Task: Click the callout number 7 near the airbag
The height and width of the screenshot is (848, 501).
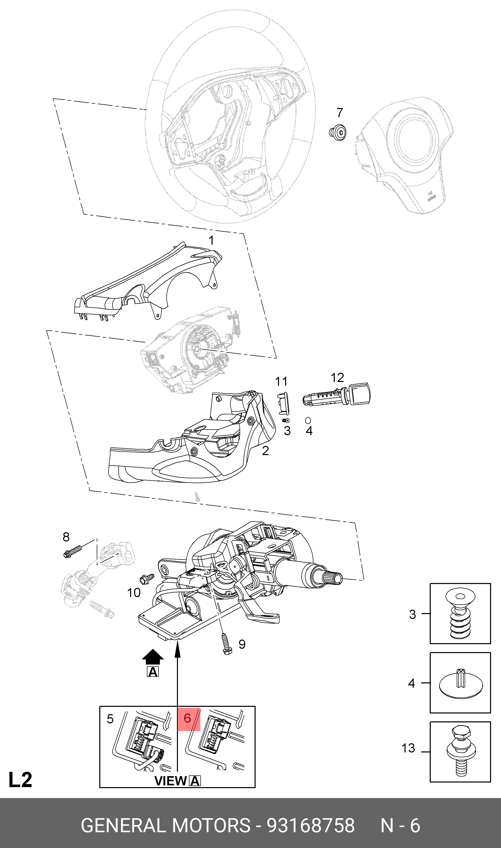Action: (x=340, y=113)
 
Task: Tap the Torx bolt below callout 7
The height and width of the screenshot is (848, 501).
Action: (x=338, y=131)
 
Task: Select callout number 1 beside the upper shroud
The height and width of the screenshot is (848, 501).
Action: (x=211, y=240)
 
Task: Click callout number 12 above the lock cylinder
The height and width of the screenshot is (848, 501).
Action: (x=337, y=377)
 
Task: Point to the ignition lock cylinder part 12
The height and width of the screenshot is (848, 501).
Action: (x=336, y=395)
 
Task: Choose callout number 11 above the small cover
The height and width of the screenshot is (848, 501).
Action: (x=281, y=381)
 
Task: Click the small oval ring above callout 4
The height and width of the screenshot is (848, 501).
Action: (x=308, y=420)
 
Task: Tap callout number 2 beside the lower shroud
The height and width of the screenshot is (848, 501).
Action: (x=265, y=451)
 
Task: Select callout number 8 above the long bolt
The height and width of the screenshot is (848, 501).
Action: (x=66, y=537)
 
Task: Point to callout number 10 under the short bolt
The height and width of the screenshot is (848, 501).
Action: (x=134, y=593)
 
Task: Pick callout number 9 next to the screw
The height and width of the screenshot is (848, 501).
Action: (x=242, y=644)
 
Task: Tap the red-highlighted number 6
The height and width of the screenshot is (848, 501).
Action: (x=188, y=718)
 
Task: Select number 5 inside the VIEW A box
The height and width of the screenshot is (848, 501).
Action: (x=110, y=719)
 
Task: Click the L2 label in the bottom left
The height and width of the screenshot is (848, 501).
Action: (x=20, y=780)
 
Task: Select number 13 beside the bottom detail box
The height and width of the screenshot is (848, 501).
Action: (x=408, y=748)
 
